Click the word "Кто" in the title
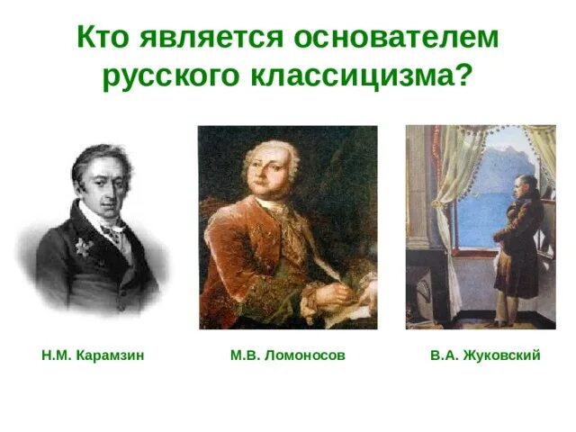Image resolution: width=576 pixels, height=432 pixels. (x=104, y=39)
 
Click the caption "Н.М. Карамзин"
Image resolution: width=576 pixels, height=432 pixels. (x=94, y=356)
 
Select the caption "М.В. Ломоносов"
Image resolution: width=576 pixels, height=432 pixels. (x=288, y=356)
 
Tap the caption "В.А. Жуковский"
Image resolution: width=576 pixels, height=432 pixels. (x=485, y=356)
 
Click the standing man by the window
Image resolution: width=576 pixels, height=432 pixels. (x=520, y=243)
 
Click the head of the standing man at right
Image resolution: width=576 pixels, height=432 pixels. (x=519, y=184)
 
